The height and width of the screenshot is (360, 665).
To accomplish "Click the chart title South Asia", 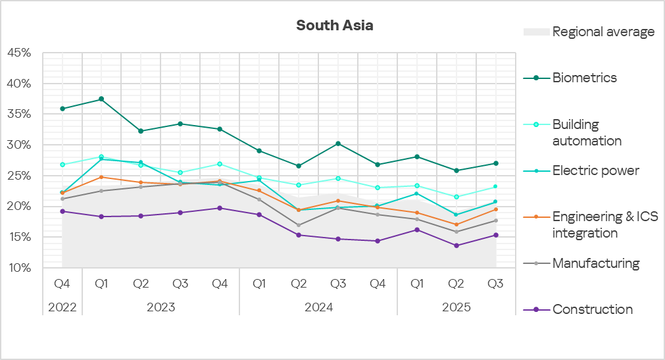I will click(x=334, y=26).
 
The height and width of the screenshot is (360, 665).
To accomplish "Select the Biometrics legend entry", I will click(x=584, y=78).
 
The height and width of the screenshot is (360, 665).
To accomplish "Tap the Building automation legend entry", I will click(x=586, y=132).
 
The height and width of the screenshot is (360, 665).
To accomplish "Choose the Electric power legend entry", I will click(x=595, y=171).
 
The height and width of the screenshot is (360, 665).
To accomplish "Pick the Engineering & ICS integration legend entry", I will click(x=604, y=224).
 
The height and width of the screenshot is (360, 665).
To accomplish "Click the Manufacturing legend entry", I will click(x=595, y=263).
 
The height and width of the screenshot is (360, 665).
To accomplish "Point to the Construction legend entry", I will click(x=592, y=309).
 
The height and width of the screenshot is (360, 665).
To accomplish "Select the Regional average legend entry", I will click(x=603, y=32).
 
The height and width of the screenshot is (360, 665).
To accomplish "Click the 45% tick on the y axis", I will click(x=19, y=53).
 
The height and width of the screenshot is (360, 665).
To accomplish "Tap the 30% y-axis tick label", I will click(x=19, y=145).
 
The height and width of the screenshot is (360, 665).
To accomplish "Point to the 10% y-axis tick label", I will click(x=19, y=268).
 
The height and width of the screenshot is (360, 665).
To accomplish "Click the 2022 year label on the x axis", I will click(x=62, y=307).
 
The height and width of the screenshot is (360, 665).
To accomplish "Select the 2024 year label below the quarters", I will click(x=318, y=307).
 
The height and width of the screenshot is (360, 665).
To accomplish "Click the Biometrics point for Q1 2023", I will click(x=101, y=99).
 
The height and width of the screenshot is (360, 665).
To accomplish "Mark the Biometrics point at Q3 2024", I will click(x=338, y=143).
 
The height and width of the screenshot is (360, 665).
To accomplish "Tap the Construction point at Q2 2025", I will click(x=456, y=245).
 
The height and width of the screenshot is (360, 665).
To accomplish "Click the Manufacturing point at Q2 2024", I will click(x=299, y=225).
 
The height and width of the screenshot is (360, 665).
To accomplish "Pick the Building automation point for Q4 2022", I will click(x=62, y=165).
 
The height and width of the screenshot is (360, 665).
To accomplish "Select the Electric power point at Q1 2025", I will click(x=417, y=193).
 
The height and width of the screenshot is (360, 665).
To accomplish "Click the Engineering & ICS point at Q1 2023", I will click(x=101, y=177).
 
